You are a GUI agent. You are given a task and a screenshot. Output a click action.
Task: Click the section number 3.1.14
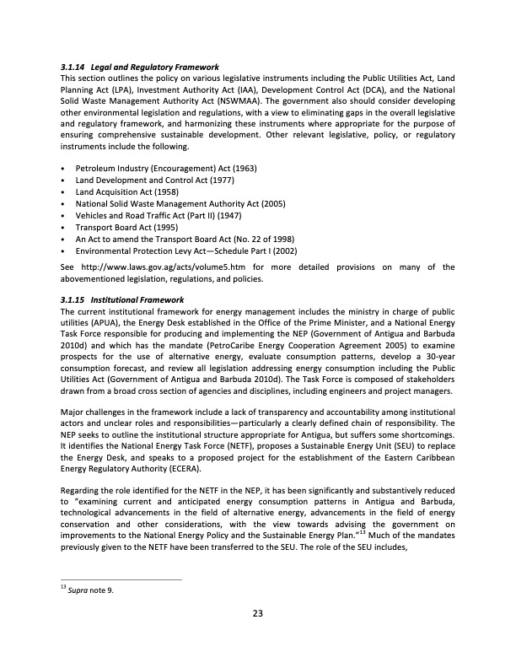click(x=73, y=67)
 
